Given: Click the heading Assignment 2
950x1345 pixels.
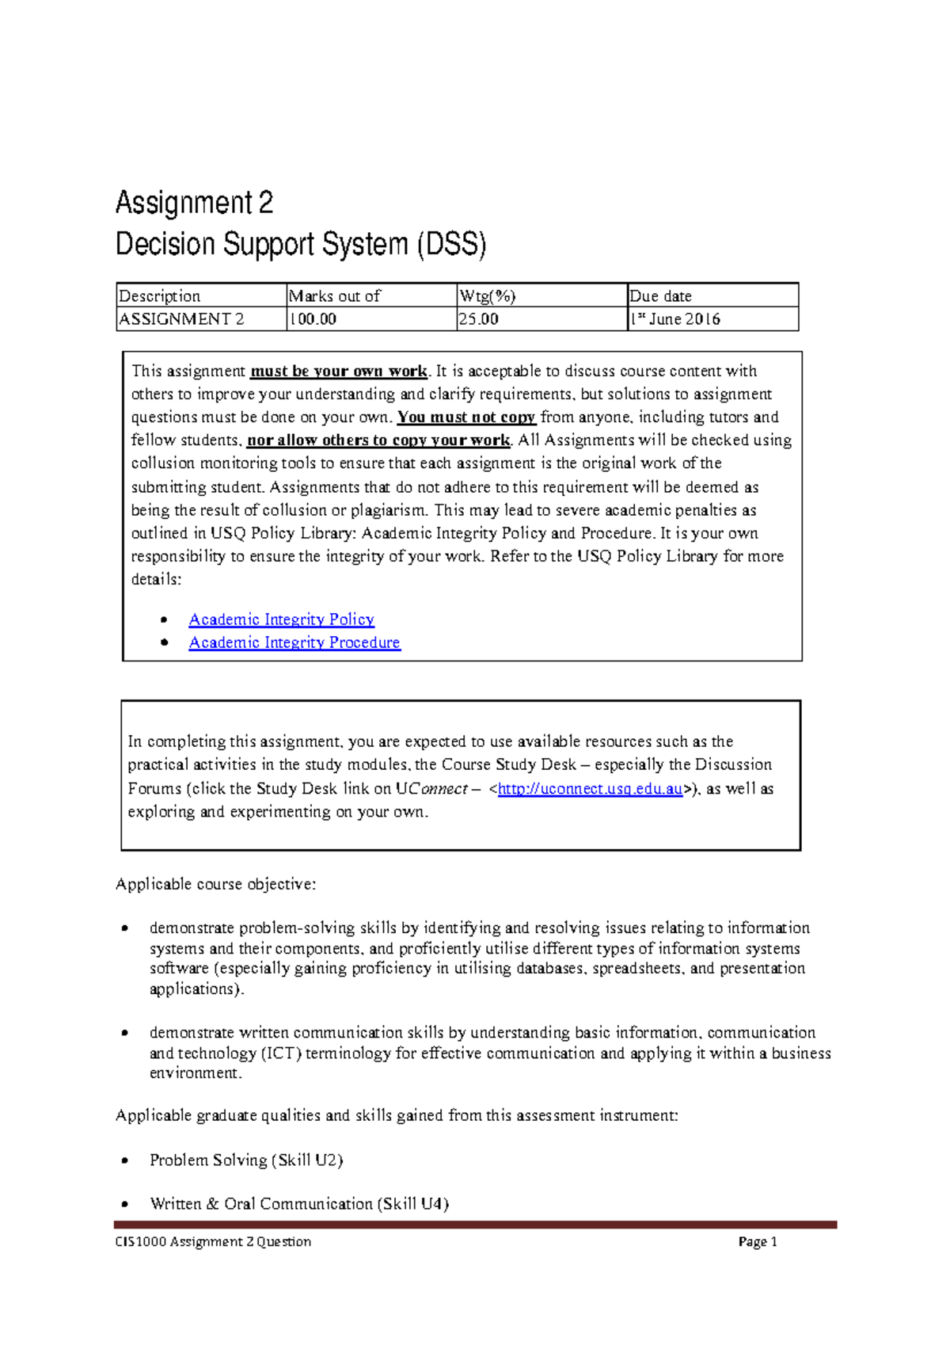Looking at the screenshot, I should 194,203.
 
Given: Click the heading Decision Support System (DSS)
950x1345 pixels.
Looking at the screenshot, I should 301,244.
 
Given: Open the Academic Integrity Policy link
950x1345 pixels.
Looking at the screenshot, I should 282,619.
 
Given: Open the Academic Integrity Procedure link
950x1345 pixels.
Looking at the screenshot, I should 294,642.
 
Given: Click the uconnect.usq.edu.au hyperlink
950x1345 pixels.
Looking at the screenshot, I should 590,789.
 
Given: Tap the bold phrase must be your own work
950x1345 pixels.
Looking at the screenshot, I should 339,371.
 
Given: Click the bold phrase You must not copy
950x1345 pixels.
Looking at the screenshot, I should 466,417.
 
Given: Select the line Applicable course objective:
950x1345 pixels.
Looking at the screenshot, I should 215,884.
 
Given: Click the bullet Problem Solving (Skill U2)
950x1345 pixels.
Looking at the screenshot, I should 246,1160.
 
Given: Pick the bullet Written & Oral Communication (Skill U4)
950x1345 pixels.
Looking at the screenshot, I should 299,1204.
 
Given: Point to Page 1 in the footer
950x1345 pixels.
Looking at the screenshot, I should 758,1242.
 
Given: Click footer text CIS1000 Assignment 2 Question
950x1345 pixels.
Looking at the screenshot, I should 214,1242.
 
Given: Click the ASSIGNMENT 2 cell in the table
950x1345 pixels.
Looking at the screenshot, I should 181,319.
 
